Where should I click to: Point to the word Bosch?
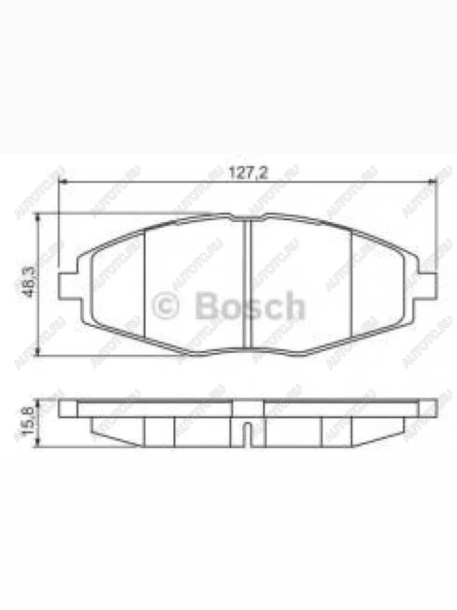tap(249, 306)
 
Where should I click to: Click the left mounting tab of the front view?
tap(69, 286)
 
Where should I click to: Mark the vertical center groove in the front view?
tap(248, 285)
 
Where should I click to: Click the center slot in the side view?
tap(247, 435)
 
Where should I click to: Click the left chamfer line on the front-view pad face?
tap(145, 285)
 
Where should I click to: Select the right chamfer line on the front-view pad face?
tap(351, 285)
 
